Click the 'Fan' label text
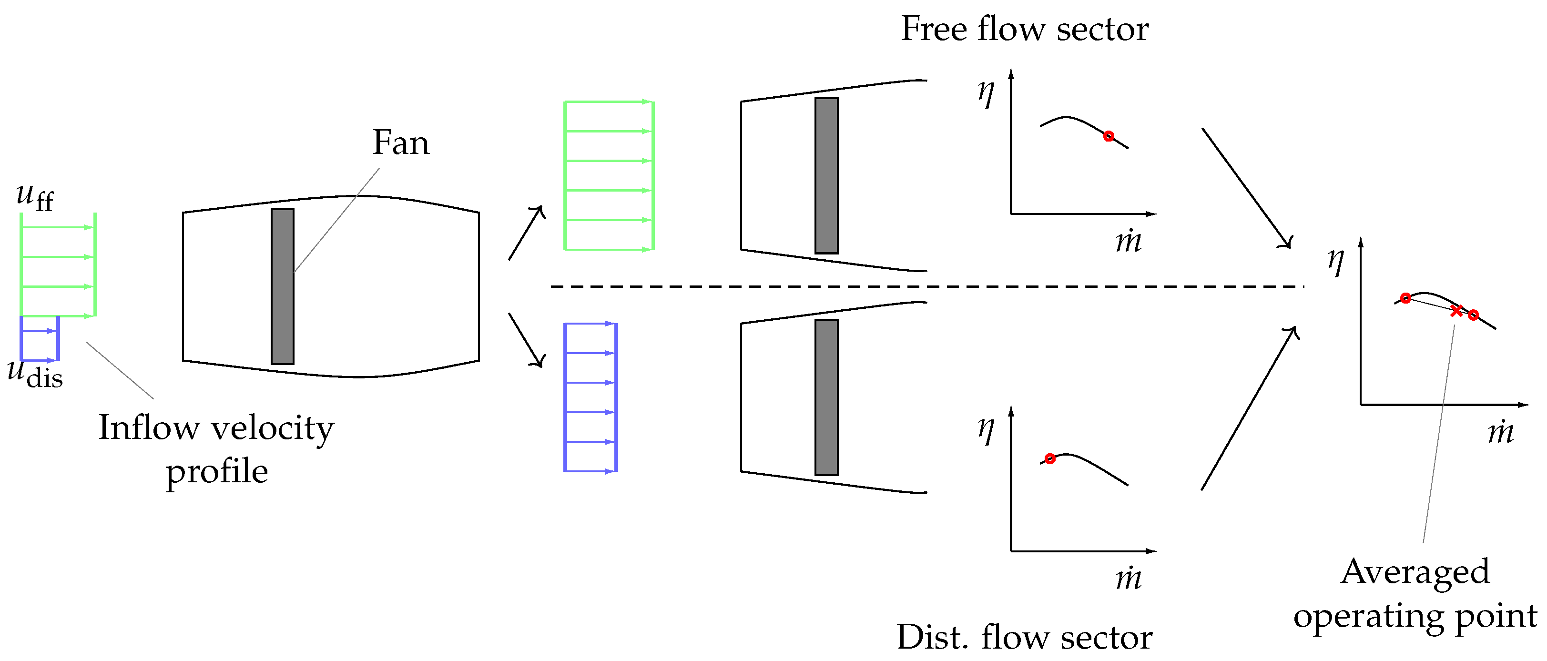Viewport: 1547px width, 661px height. [400, 143]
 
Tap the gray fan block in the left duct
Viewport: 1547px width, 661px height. [282, 286]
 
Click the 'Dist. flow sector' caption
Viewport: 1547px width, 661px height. [1025, 637]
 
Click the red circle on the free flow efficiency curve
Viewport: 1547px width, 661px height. [1109, 136]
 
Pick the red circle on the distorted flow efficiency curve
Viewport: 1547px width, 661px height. [1050, 458]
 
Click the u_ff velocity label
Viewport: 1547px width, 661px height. [35, 197]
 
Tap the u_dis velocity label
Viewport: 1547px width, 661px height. [35, 374]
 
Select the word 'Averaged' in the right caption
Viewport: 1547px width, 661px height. [1415, 571]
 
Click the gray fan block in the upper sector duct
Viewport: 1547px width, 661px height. [826, 175]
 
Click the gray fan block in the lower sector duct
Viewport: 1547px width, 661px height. [826, 397]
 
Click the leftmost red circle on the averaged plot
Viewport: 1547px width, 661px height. [1405, 298]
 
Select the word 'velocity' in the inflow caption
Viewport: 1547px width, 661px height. [273, 428]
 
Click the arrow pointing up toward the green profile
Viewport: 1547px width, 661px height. [526, 234]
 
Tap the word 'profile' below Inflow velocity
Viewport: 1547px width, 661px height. [217, 472]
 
